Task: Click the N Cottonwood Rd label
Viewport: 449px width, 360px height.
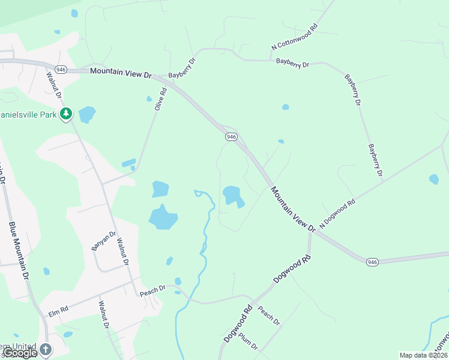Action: (294, 37)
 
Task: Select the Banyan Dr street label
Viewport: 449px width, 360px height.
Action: (103, 241)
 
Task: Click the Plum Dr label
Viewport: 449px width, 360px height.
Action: (247, 343)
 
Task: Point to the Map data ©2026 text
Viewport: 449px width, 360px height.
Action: (423, 355)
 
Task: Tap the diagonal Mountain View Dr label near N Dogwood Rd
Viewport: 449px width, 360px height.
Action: (292, 209)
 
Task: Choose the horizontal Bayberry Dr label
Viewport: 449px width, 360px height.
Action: (292, 63)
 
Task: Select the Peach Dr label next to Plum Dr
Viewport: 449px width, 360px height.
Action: (268, 316)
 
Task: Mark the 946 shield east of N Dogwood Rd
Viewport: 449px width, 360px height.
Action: (372, 262)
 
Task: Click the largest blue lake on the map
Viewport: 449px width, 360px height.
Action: (162, 217)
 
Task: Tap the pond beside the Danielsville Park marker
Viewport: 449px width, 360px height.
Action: (87, 113)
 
